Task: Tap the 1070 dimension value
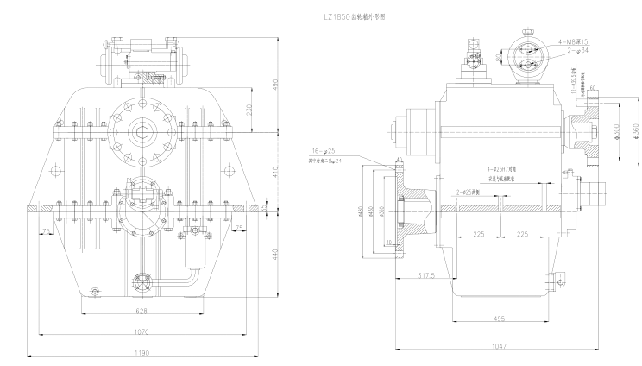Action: [142, 331]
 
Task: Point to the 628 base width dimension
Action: [142, 310]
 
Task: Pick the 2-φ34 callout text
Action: [577, 51]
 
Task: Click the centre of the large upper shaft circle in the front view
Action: [142, 131]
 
